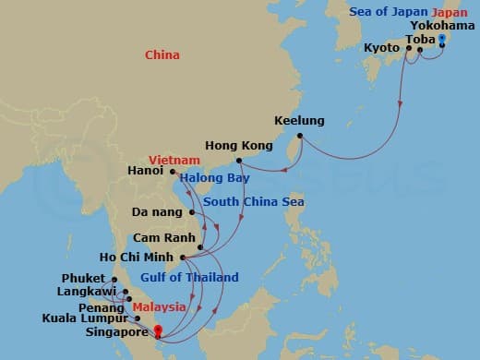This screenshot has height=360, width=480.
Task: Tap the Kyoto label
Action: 382,46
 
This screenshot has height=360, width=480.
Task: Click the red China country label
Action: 162,55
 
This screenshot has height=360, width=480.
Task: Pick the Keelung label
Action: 298,121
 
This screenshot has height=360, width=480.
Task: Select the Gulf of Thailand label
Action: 189,278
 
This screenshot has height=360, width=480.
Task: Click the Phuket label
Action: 84,278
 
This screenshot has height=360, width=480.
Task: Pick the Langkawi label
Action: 87,292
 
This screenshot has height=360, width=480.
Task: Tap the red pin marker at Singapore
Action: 158,330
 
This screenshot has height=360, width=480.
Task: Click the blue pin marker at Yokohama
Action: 442,39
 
